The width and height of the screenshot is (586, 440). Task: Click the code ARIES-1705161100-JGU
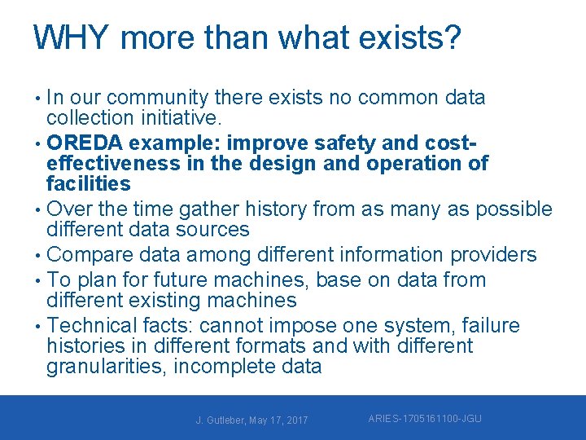pyautogui.click(x=424, y=419)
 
